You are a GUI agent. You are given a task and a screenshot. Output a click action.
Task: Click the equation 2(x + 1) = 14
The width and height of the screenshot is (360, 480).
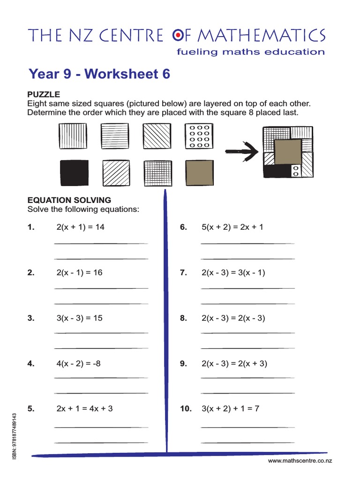tap(80, 227)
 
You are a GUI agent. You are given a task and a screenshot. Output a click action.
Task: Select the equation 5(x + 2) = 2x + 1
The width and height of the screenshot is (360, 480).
tap(232, 227)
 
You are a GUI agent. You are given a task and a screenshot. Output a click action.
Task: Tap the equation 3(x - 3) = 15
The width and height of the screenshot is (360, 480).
tap(79, 318)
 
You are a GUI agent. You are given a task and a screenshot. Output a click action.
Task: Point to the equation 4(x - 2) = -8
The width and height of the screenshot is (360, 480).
tap(78, 363)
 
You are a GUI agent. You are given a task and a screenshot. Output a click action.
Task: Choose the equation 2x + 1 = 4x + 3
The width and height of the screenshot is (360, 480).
tap(84, 409)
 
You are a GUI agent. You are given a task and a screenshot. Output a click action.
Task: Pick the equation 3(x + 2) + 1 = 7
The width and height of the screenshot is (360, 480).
tap(230, 409)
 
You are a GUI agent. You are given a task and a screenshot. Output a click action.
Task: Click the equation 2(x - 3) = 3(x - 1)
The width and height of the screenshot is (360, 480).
tap(233, 273)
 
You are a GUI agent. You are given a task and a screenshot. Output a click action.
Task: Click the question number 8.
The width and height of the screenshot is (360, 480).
tap(183, 318)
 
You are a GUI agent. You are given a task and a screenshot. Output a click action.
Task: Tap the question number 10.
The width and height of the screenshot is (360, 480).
tap(186, 409)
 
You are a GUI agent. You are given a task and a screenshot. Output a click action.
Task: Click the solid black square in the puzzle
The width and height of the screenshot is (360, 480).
tap(74, 173)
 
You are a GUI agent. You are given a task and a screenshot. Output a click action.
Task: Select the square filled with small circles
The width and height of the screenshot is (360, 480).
tap(199, 136)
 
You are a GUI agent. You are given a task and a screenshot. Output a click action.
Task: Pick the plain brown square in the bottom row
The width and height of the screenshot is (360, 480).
tap(199, 173)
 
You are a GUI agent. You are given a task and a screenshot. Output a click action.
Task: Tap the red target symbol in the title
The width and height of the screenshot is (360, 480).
tap(179, 35)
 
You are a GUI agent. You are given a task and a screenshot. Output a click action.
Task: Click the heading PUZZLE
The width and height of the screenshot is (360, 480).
tap(44, 95)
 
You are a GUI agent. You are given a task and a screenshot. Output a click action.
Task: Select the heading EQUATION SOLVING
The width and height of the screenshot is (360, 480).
tap(69, 200)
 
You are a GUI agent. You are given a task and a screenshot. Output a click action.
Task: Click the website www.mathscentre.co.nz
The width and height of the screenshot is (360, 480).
tap(300, 461)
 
